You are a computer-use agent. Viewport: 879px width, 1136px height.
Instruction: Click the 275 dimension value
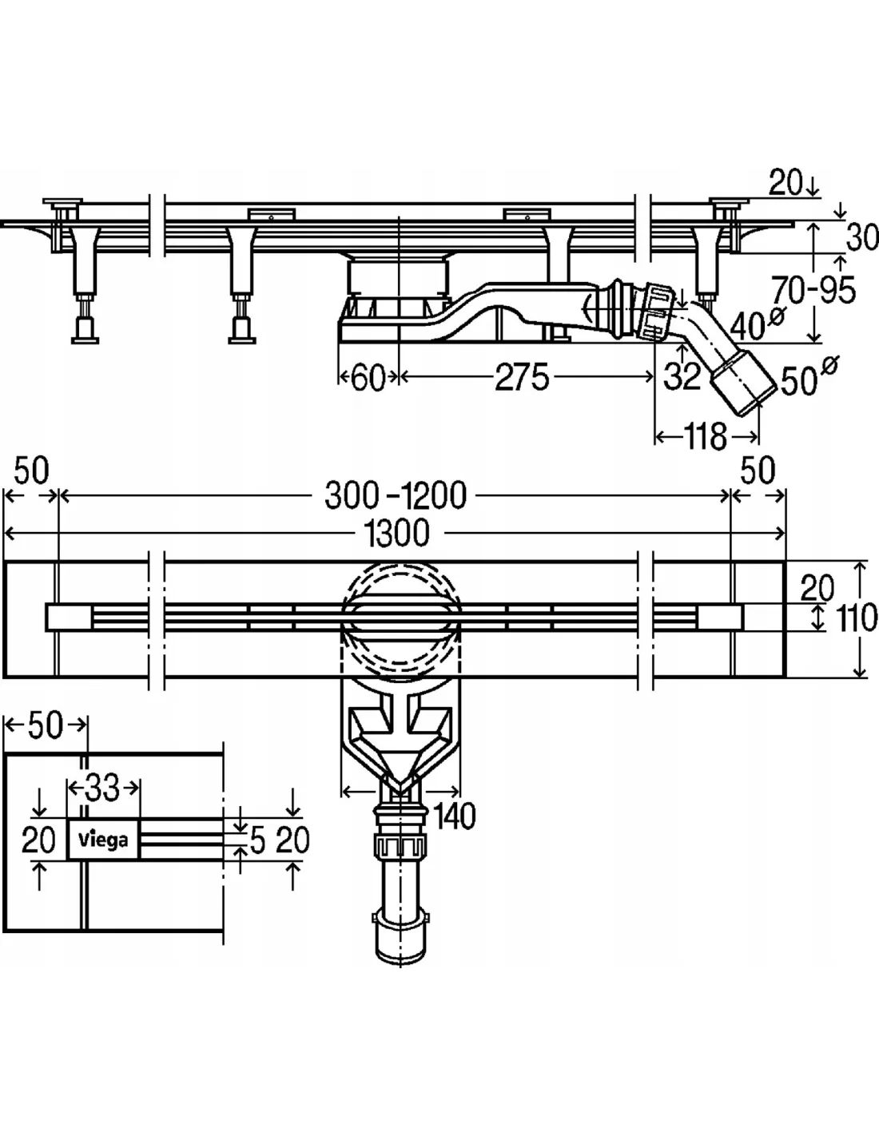(522, 377)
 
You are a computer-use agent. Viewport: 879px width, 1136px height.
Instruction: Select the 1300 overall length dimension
(396, 533)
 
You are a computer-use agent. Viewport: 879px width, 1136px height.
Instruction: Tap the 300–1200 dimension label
(395, 496)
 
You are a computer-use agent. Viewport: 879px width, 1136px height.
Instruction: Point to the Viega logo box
(104, 840)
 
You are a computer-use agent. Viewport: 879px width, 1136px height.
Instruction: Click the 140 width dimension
(455, 816)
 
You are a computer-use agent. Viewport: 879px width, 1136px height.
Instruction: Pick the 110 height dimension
(857, 618)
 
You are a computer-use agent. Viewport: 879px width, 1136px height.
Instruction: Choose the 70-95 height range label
(813, 291)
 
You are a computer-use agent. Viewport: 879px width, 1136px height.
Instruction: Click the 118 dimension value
(706, 436)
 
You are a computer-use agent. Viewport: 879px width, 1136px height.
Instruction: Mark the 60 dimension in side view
(368, 378)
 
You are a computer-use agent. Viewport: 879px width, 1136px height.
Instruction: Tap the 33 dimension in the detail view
(102, 789)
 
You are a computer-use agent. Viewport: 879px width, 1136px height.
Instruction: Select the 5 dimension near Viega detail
(257, 840)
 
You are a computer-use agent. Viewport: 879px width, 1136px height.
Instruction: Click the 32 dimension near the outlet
(682, 375)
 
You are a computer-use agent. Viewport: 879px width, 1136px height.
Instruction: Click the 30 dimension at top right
(861, 237)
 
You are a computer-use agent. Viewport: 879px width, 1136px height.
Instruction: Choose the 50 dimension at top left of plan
(31, 471)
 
